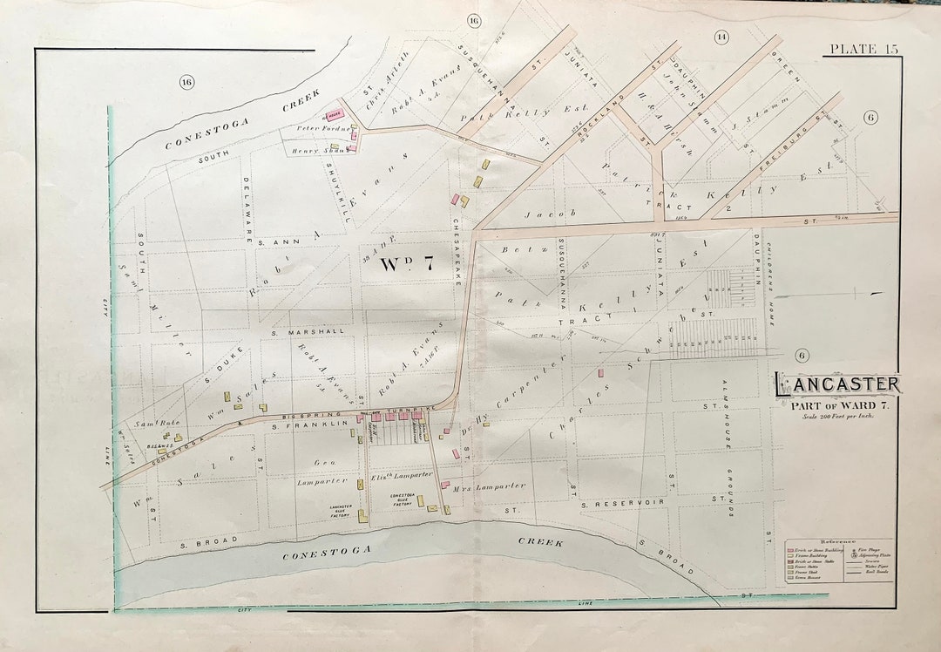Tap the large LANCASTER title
(x=838, y=384)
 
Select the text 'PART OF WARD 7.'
(x=840, y=402)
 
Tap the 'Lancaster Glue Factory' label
(x=341, y=510)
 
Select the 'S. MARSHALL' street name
(x=295, y=331)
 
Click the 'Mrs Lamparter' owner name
(x=489, y=488)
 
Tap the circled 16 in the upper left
(x=186, y=82)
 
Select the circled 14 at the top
(x=721, y=37)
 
